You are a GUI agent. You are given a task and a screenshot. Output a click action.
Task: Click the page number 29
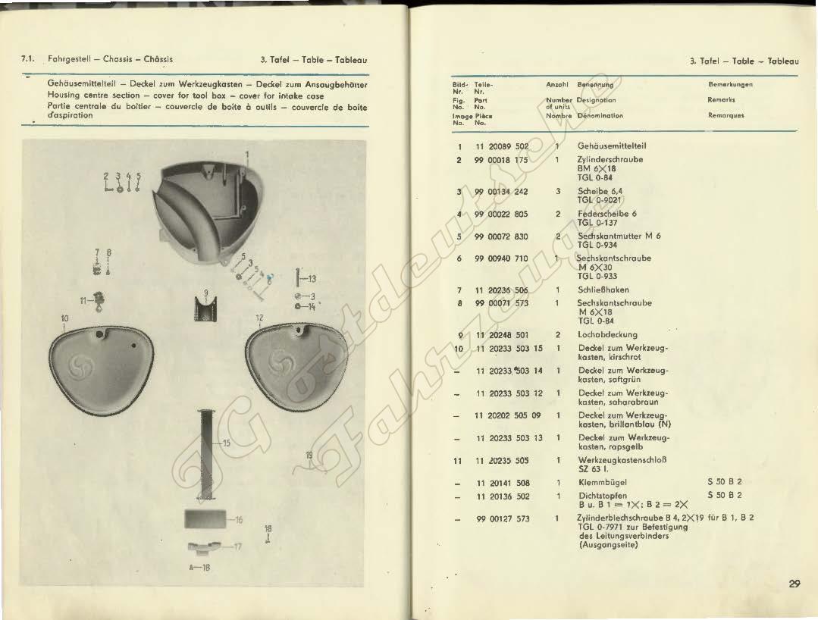point(794,584)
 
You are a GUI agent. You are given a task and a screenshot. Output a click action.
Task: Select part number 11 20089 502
point(501,146)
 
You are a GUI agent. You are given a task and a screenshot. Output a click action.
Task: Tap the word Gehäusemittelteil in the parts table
point(612,146)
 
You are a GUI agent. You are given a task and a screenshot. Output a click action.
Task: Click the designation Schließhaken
point(603,290)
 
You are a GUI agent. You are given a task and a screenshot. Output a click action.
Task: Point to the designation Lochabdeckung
point(607,334)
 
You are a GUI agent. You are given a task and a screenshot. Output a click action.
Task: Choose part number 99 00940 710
point(501,258)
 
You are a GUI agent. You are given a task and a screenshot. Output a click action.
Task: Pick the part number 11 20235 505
point(501,460)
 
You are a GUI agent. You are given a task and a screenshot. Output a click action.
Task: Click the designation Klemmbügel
point(602,483)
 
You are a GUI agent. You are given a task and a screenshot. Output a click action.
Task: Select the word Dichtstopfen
point(602,496)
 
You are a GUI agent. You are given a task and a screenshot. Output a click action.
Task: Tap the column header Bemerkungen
point(731,84)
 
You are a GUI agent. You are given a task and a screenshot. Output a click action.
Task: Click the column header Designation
point(596,99)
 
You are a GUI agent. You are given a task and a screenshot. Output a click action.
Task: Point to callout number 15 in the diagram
point(226,443)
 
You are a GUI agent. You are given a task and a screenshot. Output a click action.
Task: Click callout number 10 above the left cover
point(64,318)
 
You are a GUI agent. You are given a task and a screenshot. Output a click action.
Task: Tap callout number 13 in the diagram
point(312,278)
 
